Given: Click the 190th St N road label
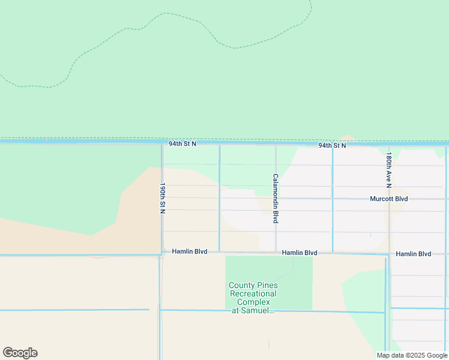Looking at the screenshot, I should tap(162, 198).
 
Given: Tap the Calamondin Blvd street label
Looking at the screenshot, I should tap(276, 199).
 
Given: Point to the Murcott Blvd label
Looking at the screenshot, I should tap(388, 199).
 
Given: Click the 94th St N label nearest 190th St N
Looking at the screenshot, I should tap(182, 144).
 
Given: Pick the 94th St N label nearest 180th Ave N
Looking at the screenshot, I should tap(332, 145).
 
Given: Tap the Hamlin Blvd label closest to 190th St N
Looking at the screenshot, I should tap(189, 251).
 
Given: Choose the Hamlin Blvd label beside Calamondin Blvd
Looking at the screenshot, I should tap(300, 253).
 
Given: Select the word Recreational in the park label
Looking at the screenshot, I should tap(253, 294).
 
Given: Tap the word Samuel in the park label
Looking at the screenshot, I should tap(259, 311).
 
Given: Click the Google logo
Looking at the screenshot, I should tap(20, 353).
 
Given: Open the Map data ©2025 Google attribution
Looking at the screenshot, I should tap(412, 355).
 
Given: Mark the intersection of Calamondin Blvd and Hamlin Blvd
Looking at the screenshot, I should tap(276, 252).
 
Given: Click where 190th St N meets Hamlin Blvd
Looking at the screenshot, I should tap(162, 252).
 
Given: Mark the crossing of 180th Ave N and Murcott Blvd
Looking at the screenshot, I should tap(389, 199).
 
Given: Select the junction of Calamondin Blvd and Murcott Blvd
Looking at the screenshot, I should tap(276, 198).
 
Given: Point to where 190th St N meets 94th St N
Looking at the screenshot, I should tap(162, 144).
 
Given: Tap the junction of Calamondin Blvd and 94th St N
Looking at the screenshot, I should tap(276, 145).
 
